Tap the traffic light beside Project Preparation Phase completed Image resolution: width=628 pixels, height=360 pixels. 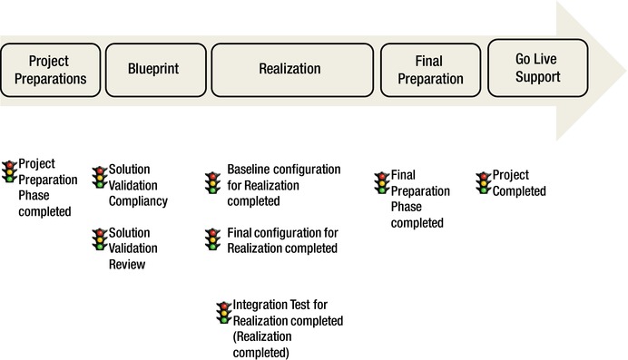point(10,172)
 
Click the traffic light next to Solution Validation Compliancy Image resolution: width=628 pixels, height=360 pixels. point(100,178)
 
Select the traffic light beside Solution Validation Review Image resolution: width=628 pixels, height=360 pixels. point(100,240)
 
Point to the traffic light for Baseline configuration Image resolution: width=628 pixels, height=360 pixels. point(211,179)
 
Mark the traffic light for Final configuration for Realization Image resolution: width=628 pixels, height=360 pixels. point(211,239)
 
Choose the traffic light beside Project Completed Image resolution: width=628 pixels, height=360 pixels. point(484,180)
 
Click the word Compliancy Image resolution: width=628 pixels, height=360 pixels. point(138,201)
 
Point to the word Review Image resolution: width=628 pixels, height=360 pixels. point(127,265)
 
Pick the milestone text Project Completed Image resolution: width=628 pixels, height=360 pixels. point(519,183)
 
